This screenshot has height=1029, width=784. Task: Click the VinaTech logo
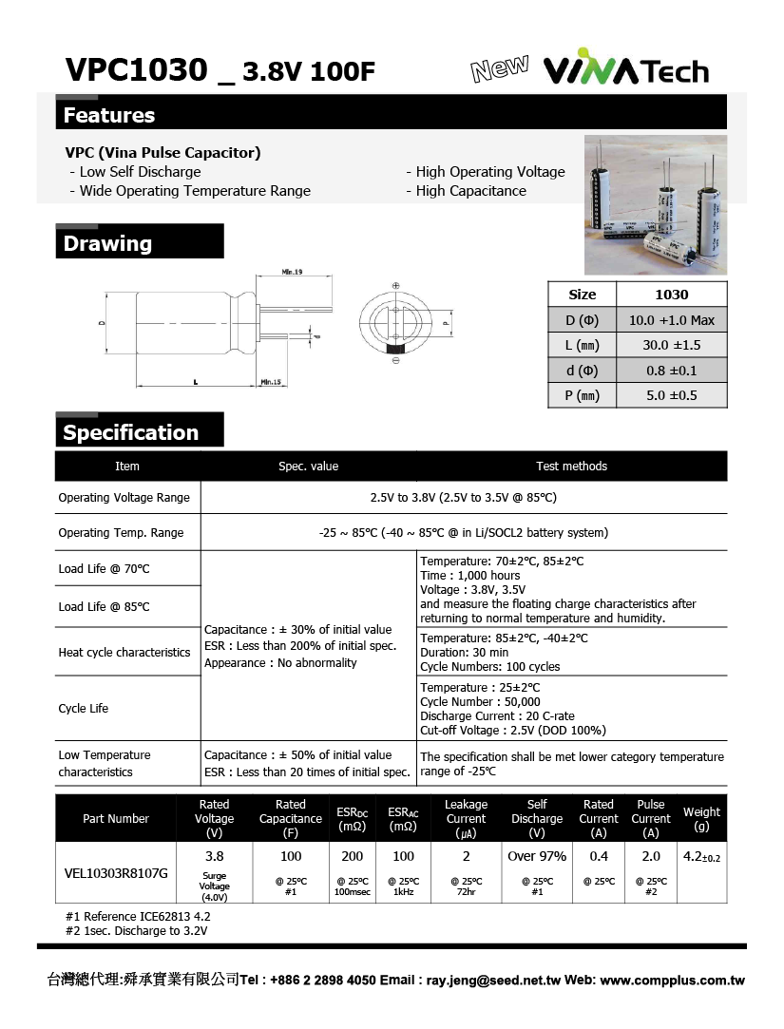[625, 71]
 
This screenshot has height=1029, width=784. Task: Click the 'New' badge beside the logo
[499, 68]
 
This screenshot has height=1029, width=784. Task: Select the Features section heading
[109, 116]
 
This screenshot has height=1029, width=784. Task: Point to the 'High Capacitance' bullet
[470, 191]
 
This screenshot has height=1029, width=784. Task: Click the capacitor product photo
[655, 204]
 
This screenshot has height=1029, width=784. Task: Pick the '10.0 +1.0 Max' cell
[671, 320]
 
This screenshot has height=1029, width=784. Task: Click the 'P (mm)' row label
[582, 395]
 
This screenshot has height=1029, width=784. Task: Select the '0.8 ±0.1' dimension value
[671, 371]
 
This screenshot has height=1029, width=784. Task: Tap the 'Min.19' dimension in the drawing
[292, 273]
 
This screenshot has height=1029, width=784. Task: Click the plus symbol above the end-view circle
[395, 286]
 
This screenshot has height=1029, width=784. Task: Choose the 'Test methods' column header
[571, 467]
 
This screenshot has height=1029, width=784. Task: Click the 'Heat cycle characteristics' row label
[124, 653]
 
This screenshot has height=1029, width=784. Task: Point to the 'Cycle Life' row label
[84, 709]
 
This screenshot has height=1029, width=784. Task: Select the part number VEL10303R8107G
[116, 872]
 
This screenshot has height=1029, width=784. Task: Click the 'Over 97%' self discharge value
[537, 856]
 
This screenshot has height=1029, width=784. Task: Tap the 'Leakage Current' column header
[466, 818]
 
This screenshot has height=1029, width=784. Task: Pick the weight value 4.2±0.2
[701, 856]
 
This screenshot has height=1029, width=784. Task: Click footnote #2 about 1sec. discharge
[137, 931]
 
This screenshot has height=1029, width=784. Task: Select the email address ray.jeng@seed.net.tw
[495, 981]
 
